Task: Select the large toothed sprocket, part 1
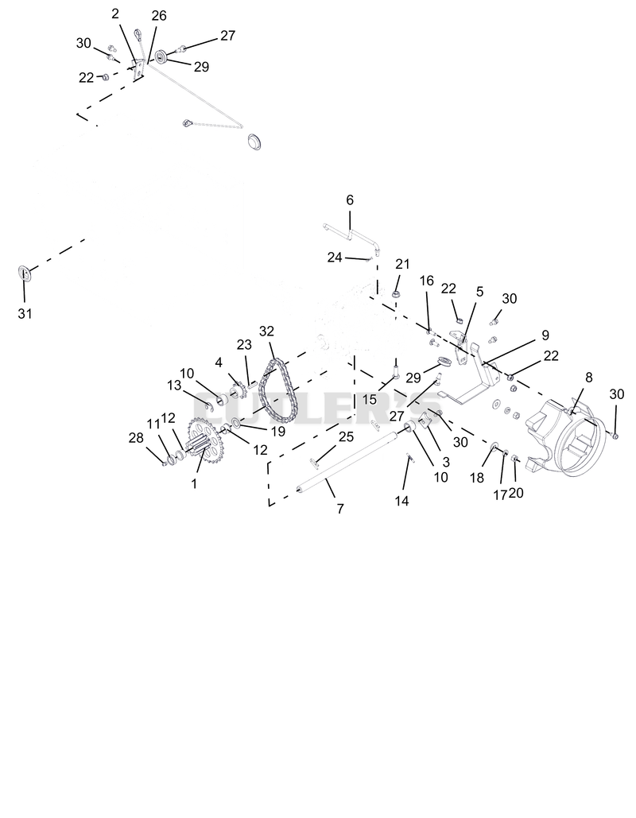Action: tap(204, 441)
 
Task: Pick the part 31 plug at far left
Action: tap(24, 273)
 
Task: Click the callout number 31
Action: tap(25, 313)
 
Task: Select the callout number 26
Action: tap(159, 16)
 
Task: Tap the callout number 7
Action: tap(340, 509)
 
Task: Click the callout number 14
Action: tap(401, 501)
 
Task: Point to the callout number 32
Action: tap(266, 331)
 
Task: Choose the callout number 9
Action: tap(545, 335)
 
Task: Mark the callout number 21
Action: tap(403, 264)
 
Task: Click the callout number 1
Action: tap(194, 483)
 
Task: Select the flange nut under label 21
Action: tap(396, 295)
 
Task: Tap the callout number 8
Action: tap(589, 377)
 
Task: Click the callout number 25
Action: tap(347, 436)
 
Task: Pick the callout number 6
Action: tap(350, 200)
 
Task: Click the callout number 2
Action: tap(115, 14)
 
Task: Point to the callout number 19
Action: tap(278, 432)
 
